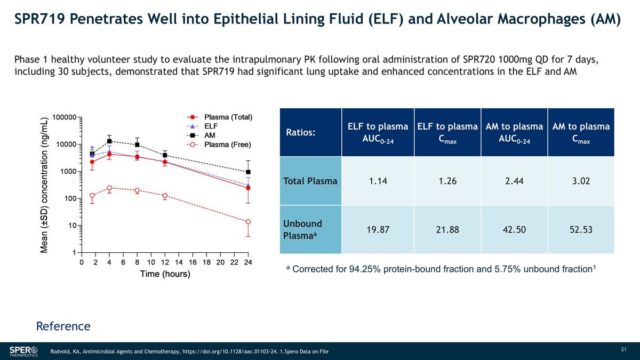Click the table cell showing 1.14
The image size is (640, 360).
click(378, 181)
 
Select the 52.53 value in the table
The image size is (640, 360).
click(581, 230)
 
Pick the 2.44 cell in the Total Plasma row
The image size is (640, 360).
click(514, 181)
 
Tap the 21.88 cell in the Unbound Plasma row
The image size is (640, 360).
click(447, 230)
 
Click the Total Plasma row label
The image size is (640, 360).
click(310, 181)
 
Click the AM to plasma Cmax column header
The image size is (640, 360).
click(581, 132)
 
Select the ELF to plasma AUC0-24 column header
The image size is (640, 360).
click(378, 132)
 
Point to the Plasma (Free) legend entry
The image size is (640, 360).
click(228, 144)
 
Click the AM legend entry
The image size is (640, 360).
click(210, 135)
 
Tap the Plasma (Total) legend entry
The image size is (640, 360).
click(228, 117)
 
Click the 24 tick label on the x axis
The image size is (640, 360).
click(248, 262)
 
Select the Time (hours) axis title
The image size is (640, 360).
click(165, 274)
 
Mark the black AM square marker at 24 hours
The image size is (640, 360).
click(248, 172)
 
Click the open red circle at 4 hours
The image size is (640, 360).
click(109, 188)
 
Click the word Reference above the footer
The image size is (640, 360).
click(63, 326)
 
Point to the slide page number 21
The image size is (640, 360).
click(623, 349)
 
